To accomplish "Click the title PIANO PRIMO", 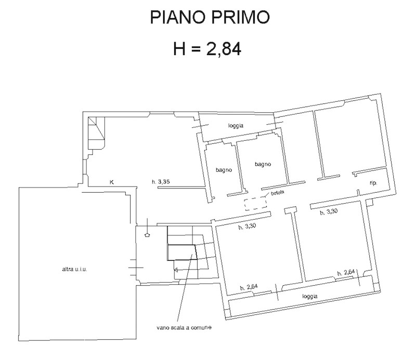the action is click(x=210, y=17).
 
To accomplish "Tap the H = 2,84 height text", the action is click(x=207, y=49).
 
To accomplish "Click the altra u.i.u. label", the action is click(x=74, y=269).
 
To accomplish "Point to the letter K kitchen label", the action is click(x=112, y=182).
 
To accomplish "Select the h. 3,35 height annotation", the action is click(x=161, y=182).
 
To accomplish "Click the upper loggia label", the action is click(x=236, y=126).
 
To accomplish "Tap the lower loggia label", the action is click(x=309, y=296).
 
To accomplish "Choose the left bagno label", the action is click(x=224, y=170).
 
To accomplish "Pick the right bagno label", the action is click(x=263, y=164).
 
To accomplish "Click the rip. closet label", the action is click(x=373, y=183).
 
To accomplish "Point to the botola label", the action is click(x=278, y=193).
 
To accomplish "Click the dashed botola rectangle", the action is click(x=255, y=204).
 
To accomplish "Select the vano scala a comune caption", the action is click(x=184, y=328).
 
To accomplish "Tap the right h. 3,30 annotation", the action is click(x=329, y=211).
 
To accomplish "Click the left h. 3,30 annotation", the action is click(x=247, y=226).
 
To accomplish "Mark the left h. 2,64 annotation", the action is click(x=249, y=287).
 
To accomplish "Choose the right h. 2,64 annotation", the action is click(x=346, y=272).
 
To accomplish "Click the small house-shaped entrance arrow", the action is click(x=148, y=235).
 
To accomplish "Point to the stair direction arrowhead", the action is click(x=176, y=270).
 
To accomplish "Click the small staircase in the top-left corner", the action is click(x=96, y=133).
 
